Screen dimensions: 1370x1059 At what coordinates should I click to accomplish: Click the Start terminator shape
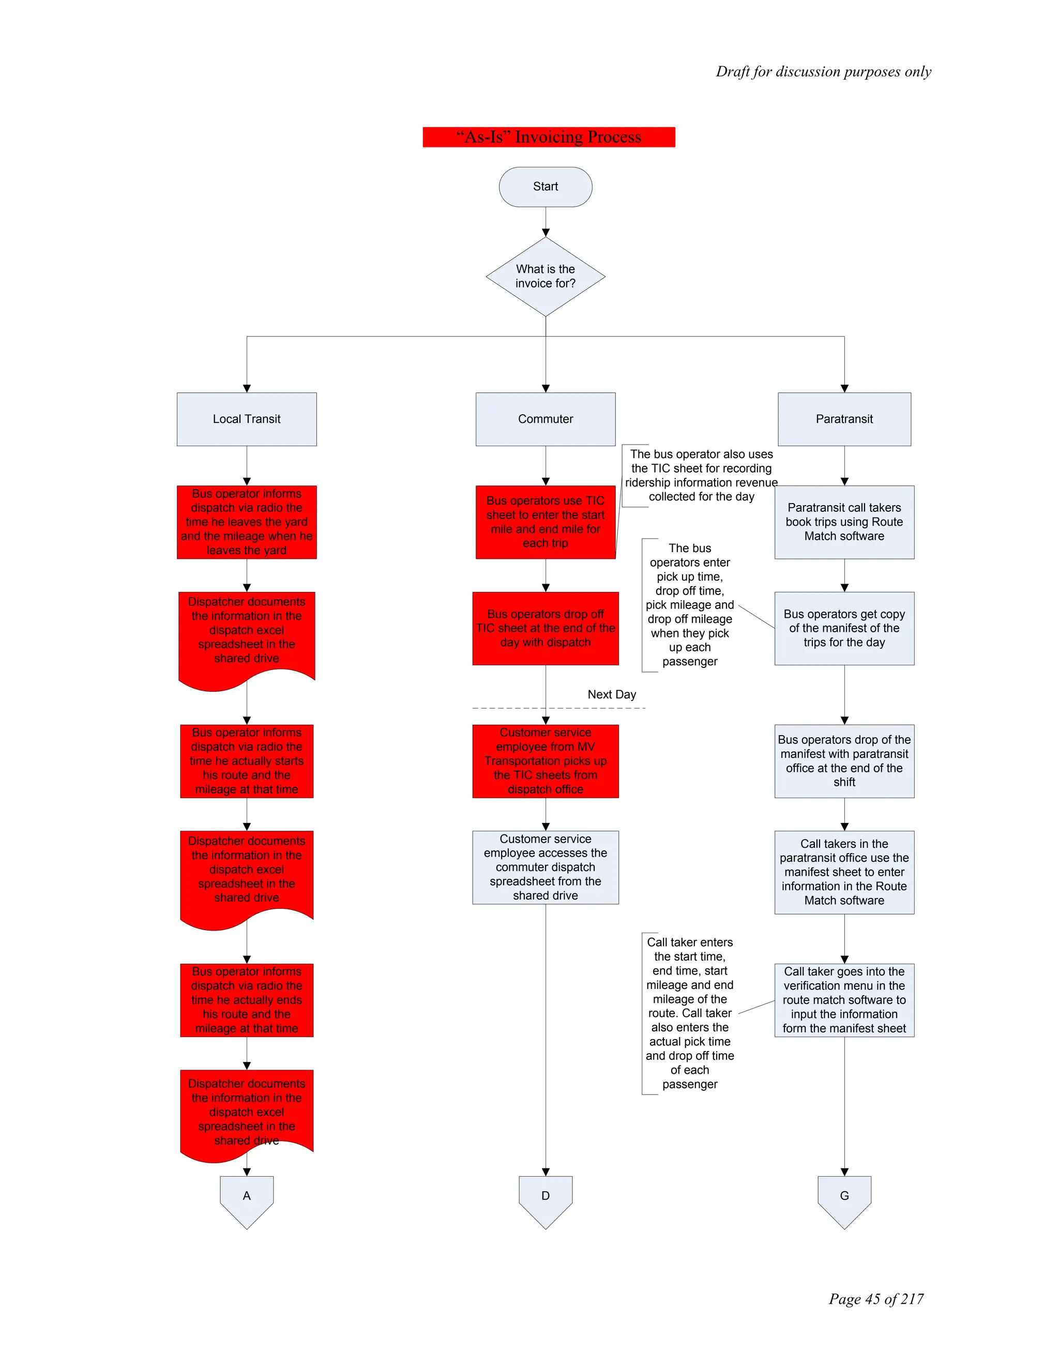545,186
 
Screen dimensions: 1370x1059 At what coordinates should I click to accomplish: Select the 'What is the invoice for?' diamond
545,276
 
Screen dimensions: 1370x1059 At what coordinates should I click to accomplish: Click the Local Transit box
247,419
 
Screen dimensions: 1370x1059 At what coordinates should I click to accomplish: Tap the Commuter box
545,419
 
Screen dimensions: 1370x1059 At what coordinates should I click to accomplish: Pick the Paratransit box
844,419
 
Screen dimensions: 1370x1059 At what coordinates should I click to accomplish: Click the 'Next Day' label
612,694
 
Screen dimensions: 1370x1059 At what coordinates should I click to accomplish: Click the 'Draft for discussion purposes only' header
823,71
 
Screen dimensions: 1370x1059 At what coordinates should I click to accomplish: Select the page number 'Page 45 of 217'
876,1299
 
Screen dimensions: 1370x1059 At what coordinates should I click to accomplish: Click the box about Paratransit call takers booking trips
844,522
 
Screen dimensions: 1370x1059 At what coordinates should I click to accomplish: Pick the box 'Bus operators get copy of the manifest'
844,628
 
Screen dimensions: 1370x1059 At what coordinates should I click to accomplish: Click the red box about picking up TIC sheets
545,761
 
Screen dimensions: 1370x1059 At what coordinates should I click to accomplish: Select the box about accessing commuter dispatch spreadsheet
545,867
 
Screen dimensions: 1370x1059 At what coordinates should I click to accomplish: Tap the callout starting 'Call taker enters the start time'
689,1013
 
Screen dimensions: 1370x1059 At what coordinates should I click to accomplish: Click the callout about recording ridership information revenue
701,476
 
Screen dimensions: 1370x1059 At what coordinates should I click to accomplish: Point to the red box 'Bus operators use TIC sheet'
545,522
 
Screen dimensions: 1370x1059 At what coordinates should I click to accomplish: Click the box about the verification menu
844,1000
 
